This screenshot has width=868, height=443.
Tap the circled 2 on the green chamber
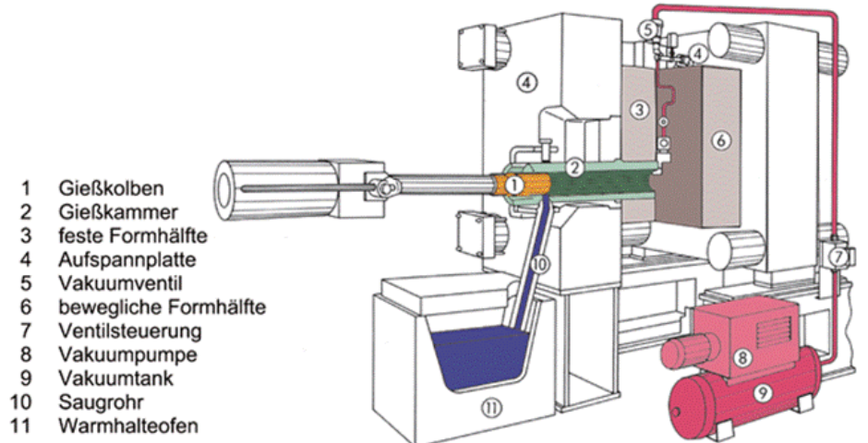[573, 167]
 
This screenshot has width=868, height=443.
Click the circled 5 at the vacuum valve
[649, 30]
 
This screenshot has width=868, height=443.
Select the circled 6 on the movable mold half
[722, 140]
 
